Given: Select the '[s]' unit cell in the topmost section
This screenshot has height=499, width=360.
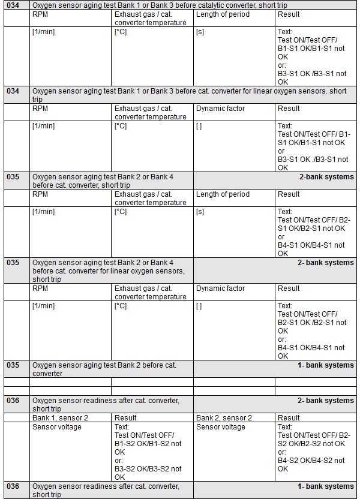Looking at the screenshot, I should [x=200, y=32].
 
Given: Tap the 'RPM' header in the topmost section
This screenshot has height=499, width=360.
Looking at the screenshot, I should [x=40, y=14].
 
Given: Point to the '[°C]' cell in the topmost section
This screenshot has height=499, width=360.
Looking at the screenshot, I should [x=121, y=32].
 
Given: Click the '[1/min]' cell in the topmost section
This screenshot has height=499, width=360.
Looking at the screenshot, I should [x=43, y=32].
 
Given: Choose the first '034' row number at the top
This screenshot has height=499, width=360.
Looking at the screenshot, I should [x=13, y=5].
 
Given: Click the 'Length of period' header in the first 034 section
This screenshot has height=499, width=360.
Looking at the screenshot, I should [x=223, y=14].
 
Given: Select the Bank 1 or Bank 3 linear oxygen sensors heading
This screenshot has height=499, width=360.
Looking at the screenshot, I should [x=189, y=95].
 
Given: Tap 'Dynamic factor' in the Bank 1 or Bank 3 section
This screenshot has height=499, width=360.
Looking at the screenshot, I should [x=220, y=109].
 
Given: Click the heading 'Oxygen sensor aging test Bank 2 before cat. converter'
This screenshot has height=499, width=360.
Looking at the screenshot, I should [x=104, y=369].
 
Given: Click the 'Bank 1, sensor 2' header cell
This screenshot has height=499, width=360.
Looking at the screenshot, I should [x=60, y=417].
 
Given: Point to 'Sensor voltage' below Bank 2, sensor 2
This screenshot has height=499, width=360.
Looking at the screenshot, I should [x=221, y=427].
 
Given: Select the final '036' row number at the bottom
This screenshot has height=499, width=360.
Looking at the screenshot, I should [x=13, y=486].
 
